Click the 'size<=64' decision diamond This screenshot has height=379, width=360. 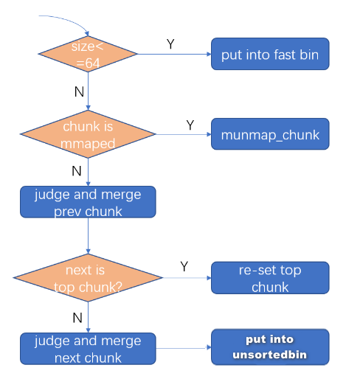[x=88, y=54]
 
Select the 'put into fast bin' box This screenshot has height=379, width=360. [x=270, y=54]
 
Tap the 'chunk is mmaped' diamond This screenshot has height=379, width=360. [x=88, y=134]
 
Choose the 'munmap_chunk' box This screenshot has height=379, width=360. [x=270, y=134]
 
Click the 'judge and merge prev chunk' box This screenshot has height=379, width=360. [x=88, y=202]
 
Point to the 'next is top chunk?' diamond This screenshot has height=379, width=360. [x=88, y=278]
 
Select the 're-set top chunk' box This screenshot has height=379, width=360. [x=270, y=278]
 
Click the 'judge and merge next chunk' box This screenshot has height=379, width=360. [x=88, y=349]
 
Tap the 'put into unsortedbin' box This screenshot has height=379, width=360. [x=270, y=347]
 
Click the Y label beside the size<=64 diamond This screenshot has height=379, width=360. [x=170, y=44]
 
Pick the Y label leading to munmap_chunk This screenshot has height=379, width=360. [x=190, y=125]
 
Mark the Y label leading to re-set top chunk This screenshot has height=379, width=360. [x=184, y=266]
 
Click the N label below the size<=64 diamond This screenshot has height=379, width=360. [x=79, y=92]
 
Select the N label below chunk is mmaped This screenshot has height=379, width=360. [x=77, y=171]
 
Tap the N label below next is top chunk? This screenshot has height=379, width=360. [x=77, y=318]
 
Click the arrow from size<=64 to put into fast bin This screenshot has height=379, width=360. [x=174, y=54]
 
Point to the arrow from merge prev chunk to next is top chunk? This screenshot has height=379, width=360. [x=88, y=236]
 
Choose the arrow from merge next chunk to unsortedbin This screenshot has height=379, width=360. [x=184, y=348]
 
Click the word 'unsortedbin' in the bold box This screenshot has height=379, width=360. [x=270, y=355]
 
